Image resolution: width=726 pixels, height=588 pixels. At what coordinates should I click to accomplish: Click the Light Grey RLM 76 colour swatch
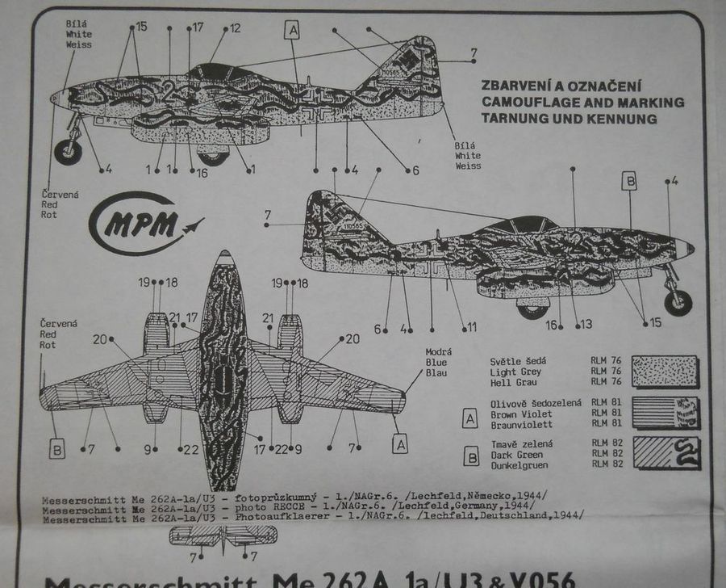pyautogui.click(x=665, y=372)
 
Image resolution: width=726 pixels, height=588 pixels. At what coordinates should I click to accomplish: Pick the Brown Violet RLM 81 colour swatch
pyautogui.click(x=665, y=413)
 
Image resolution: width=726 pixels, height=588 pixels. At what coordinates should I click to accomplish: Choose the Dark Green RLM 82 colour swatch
pyautogui.click(x=665, y=453)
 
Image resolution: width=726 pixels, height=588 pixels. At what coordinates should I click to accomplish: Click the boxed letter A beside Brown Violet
pyautogui.click(x=469, y=418)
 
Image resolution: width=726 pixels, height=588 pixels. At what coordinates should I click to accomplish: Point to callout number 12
pyautogui.click(x=235, y=28)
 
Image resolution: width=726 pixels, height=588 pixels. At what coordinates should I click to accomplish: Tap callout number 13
pyautogui.click(x=586, y=325)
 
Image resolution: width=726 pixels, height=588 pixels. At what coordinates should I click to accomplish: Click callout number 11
pyautogui.click(x=472, y=327)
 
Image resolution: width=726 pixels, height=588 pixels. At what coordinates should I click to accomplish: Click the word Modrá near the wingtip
pyautogui.click(x=439, y=352)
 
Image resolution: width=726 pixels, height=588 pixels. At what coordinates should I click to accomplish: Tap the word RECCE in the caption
pyautogui.click(x=282, y=506)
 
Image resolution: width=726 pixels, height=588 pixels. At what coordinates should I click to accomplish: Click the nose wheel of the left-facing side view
pyautogui.click(x=69, y=151)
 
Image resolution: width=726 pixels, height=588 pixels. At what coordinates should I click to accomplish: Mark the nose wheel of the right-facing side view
pyautogui.click(x=678, y=301)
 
